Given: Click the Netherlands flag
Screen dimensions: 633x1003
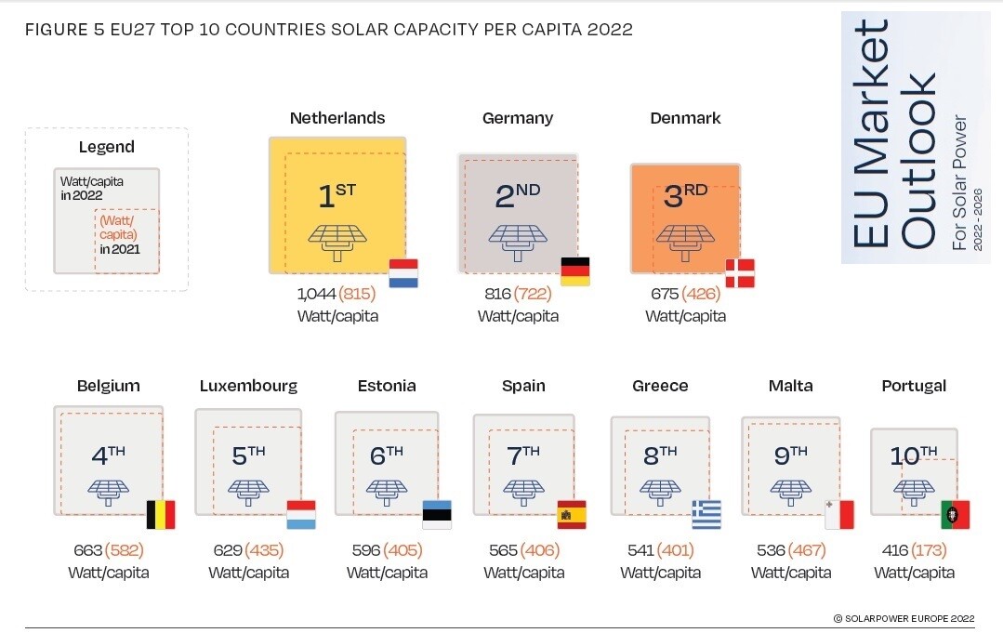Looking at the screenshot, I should pos(403,272).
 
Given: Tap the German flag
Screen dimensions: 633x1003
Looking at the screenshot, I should pos(575,271).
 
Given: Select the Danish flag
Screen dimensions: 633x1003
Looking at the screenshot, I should pos(740,273).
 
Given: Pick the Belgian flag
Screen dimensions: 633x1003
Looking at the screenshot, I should pos(161,514).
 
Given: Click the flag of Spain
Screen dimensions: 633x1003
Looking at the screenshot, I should pos(572,514).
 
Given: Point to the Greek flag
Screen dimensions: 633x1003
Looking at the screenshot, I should pos(706,514).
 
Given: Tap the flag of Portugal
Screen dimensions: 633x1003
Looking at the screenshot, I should pos(955,514).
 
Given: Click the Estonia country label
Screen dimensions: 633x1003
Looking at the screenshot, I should pos(387,386).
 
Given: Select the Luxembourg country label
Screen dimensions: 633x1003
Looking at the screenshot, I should pos(248,386).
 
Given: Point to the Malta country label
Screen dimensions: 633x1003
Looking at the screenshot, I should pos(790,386).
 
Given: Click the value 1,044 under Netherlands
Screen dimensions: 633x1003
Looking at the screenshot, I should pos(316,294).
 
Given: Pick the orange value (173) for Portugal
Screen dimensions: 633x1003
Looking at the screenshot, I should pos(930,550).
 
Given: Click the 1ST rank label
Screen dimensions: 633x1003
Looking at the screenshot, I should pos(337,196).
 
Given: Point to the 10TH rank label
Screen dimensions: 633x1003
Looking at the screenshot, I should pos(913,455).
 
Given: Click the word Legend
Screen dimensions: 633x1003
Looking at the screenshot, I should pos(106,147).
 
